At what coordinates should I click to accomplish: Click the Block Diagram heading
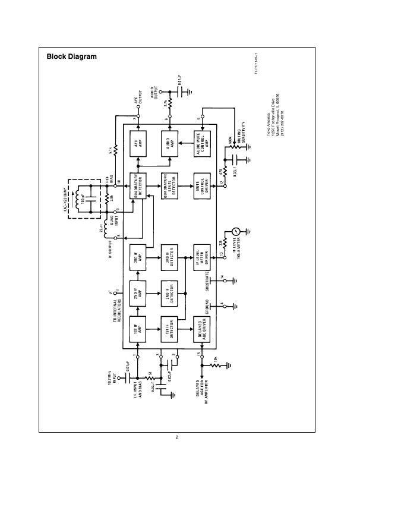click(71, 57)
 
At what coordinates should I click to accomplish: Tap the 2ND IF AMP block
click(138, 293)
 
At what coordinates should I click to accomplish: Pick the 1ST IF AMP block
click(138, 329)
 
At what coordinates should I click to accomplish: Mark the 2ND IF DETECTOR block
click(171, 293)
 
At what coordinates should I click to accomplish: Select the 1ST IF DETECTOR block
click(171, 329)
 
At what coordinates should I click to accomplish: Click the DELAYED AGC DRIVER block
click(203, 329)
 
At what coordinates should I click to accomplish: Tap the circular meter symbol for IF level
click(236, 231)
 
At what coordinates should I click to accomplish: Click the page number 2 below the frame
click(177, 437)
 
